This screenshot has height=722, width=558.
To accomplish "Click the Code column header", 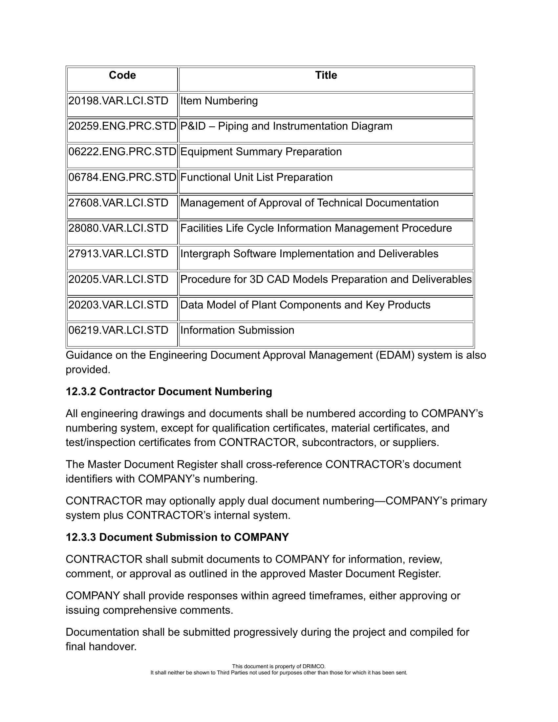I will (122, 75).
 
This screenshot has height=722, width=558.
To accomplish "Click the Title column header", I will (326, 75).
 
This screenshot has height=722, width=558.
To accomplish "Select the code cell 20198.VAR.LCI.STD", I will (118, 101).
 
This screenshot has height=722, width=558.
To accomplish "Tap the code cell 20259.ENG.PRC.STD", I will (122, 126).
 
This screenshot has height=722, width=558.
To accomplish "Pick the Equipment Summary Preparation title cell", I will (261, 152).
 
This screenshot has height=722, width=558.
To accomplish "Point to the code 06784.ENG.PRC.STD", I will (122, 177).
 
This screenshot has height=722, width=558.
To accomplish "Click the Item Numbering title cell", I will (219, 101).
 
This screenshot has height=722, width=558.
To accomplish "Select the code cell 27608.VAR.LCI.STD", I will (118, 202).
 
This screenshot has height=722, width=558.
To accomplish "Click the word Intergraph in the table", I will (205, 254).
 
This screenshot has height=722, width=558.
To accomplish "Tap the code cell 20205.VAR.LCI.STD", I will (118, 279).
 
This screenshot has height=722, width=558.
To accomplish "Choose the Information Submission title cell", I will (237, 330).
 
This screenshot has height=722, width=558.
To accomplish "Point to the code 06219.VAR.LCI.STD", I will (118, 330).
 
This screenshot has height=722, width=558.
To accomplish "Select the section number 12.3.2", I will (81, 392).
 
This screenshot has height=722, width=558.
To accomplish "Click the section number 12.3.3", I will (81, 537).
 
